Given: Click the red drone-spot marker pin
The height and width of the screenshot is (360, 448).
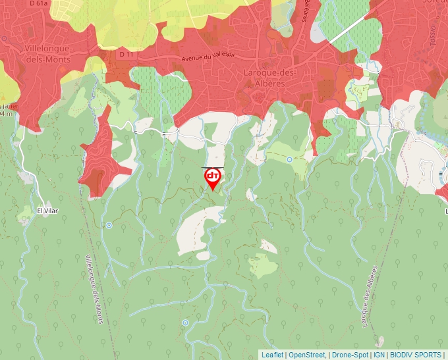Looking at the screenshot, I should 212,178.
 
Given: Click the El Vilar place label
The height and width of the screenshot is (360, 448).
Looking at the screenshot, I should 47,211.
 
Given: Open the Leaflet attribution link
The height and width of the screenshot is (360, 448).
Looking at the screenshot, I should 272,355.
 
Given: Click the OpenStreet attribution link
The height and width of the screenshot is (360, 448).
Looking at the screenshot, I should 307,355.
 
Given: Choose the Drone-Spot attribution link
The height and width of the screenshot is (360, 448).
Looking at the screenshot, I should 350,355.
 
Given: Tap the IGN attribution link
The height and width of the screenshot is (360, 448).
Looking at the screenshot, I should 379,355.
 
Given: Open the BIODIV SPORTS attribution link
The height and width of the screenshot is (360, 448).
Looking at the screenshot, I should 416,355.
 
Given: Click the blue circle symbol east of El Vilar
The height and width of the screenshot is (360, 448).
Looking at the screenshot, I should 109,225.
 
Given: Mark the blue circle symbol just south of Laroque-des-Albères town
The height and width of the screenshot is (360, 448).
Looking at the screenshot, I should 289,159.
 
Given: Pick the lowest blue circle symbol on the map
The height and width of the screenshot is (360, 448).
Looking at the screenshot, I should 186,322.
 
